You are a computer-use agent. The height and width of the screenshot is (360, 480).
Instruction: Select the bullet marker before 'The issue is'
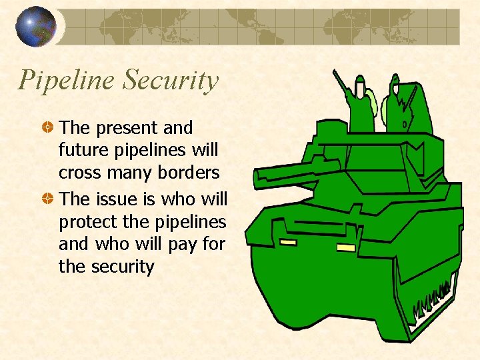click(x=48, y=199)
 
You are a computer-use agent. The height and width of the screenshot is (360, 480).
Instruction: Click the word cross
click(x=79, y=173)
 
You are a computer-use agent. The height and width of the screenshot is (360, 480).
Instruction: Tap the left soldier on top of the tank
click(x=361, y=100)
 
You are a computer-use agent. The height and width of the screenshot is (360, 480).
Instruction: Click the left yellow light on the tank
click(x=287, y=241)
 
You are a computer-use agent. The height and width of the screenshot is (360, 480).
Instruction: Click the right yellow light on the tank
click(x=346, y=247)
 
